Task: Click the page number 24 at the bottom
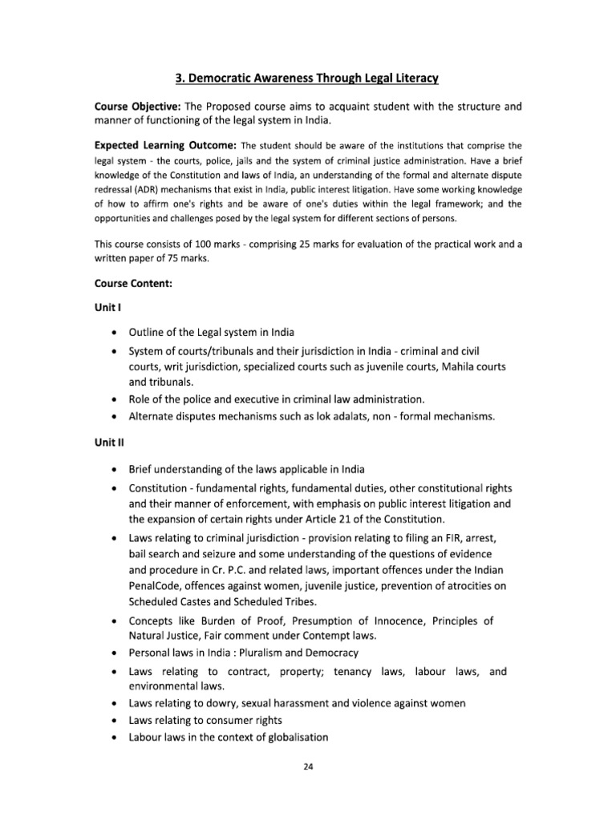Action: point(308,766)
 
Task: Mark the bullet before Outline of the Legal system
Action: point(117,334)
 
